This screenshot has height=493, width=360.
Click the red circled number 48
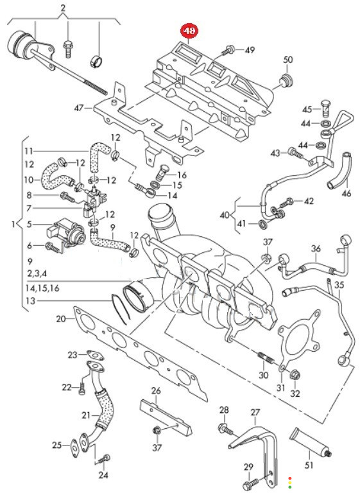point(189,31)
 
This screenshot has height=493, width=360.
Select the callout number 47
point(79,108)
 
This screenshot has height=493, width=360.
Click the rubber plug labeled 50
point(286,80)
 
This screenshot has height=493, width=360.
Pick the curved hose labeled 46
point(339,171)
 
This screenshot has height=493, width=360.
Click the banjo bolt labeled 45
point(326,108)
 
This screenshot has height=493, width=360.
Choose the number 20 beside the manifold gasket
point(61,319)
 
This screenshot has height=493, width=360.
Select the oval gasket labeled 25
point(74,445)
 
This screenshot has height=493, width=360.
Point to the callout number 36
point(316,248)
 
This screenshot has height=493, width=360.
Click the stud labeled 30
point(266,357)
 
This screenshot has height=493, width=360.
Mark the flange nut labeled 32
point(295,375)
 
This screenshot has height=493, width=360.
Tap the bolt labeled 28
point(225,429)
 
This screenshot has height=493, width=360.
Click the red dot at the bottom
point(290,478)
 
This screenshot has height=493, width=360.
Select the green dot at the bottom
point(290,487)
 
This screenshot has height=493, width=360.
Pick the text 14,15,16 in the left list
point(42,288)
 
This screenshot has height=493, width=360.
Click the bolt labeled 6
point(53,247)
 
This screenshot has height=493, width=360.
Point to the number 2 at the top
point(63,8)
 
